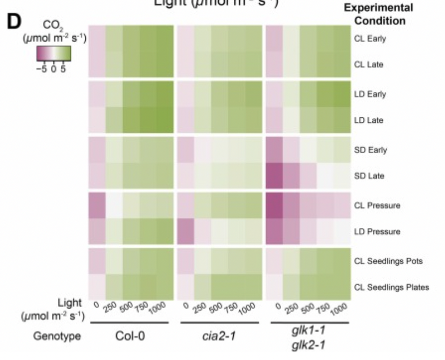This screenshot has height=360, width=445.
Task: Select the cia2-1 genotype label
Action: tap(219, 337)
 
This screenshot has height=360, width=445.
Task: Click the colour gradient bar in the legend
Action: tap(54, 55)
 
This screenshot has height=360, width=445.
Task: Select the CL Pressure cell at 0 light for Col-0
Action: tap(97, 206)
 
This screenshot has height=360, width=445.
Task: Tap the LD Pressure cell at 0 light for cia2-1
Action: tap(185, 232)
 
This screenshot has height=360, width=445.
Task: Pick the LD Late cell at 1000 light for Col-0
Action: tap(165, 120)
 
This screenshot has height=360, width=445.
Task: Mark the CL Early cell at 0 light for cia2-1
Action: tap(185, 38)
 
